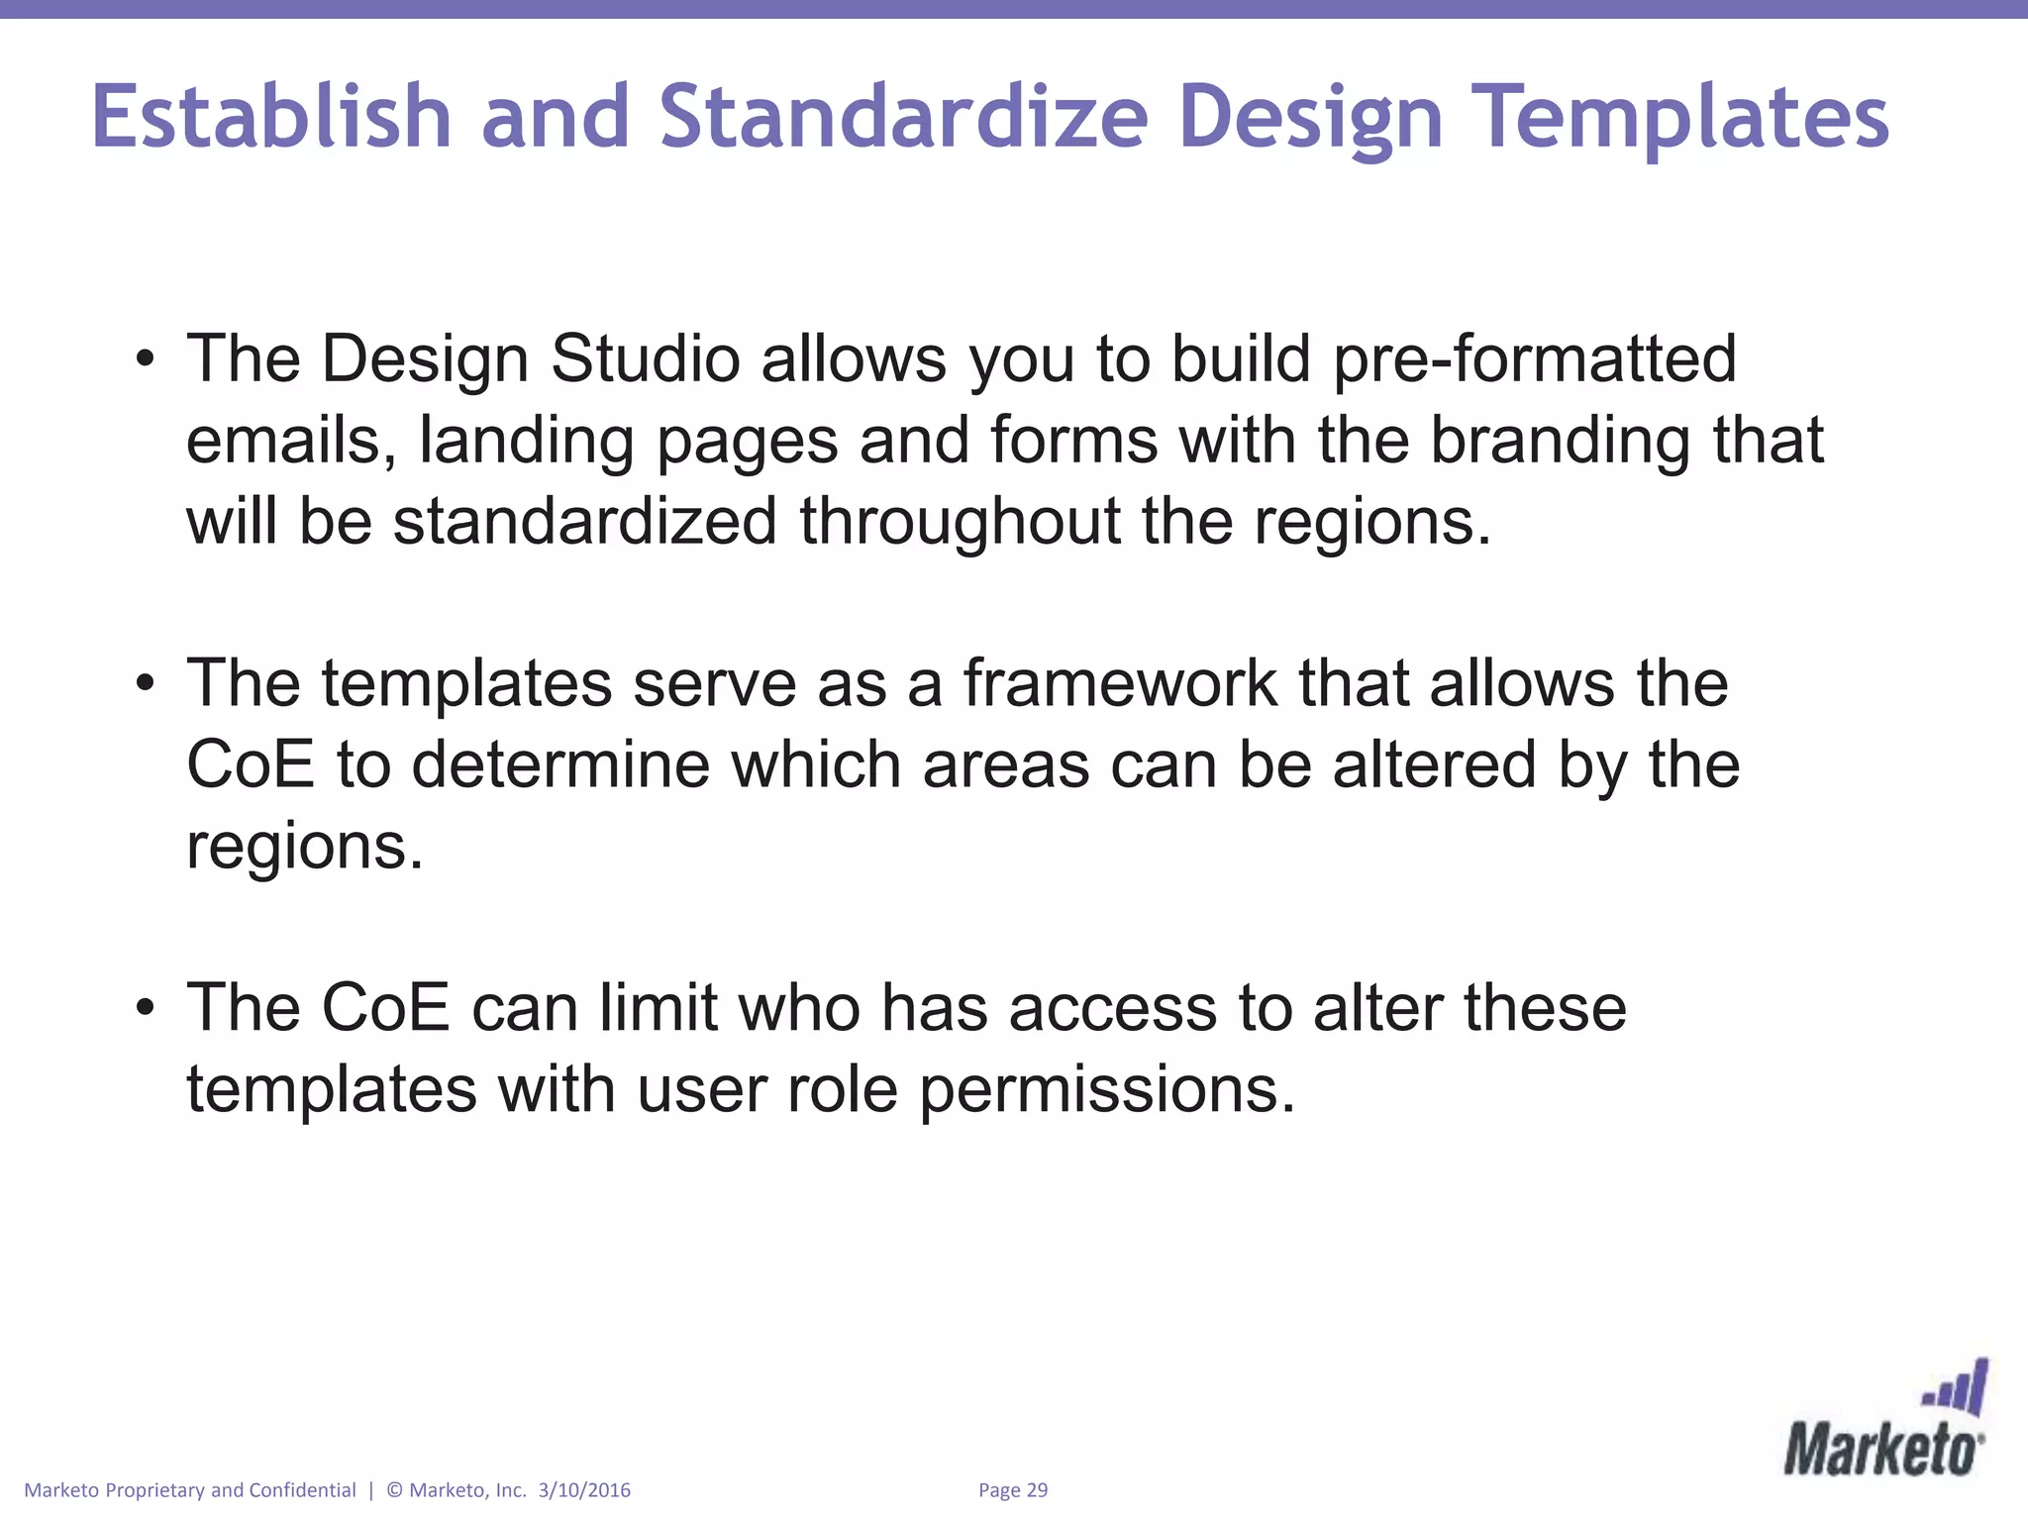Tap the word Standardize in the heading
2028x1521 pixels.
pyautogui.click(x=903, y=117)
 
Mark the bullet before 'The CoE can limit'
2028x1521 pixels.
pyautogui.click(x=146, y=1008)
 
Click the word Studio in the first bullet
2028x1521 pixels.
pyautogui.click(x=645, y=358)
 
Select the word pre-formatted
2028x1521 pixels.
pyautogui.click(x=1534, y=358)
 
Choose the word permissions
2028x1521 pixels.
pyautogui.click(x=1106, y=1089)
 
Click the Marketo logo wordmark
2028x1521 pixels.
pyautogui.click(x=1882, y=1451)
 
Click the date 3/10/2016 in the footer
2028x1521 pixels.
pyautogui.click(x=584, y=1490)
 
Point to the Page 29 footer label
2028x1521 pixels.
pyautogui.click(x=1012, y=1490)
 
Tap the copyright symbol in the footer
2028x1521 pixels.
pyautogui.click(x=394, y=1490)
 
